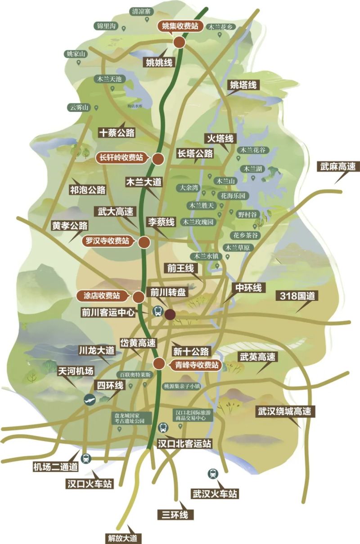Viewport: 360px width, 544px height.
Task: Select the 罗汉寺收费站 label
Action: (108, 241)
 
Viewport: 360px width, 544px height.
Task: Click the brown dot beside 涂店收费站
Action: (139, 297)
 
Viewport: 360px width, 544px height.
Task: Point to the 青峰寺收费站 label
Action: (197, 365)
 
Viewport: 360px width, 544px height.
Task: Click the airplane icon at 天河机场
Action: (90, 399)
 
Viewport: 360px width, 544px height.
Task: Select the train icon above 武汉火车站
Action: (212, 473)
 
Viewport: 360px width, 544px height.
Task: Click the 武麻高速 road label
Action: (337, 167)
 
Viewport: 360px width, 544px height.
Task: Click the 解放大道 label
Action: (122, 538)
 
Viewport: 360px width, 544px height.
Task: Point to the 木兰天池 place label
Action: (107, 78)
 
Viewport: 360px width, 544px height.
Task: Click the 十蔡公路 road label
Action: (117, 133)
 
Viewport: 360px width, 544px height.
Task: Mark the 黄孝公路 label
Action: (70, 226)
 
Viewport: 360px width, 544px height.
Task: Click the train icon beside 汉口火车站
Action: (85, 459)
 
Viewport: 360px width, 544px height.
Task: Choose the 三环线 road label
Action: (175, 514)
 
